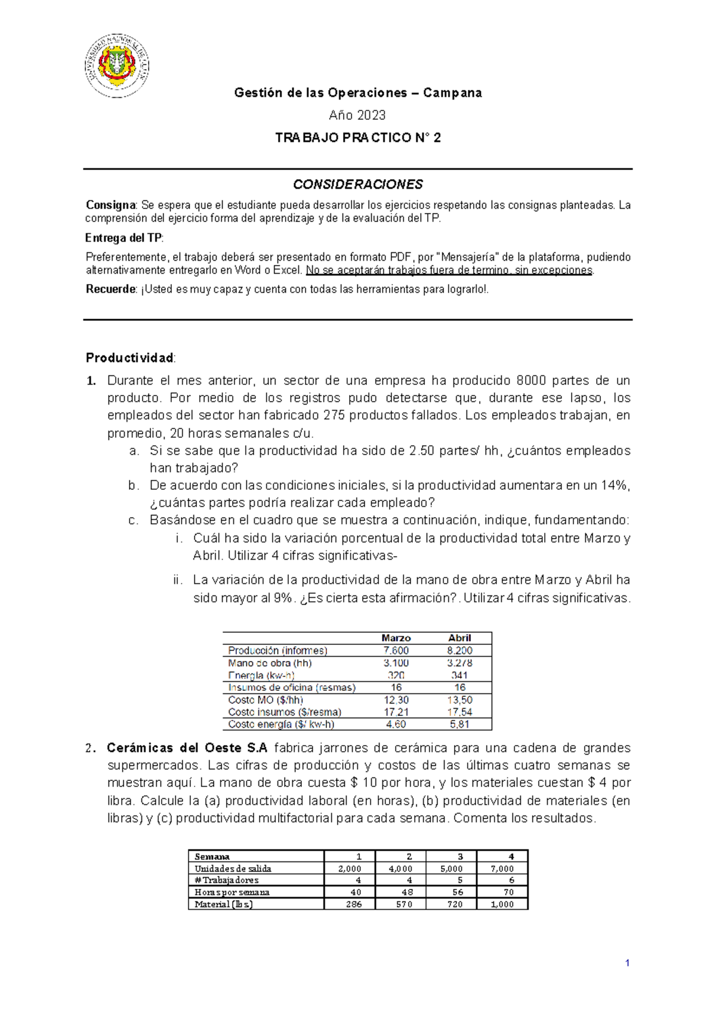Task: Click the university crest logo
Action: pos(117,66)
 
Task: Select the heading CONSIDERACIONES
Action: pos(358,184)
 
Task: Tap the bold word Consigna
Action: pos(111,205)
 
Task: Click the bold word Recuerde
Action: pos(111,289)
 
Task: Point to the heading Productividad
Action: pos(130,358)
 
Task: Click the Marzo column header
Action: pos(396,638)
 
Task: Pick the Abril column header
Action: pos(459,638)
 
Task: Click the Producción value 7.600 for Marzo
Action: pos(396,650)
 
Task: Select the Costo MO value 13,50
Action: pos(459,700)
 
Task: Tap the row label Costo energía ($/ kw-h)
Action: pos(281,724)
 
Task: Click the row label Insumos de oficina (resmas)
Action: pos(292,687)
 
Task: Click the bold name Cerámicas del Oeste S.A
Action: pos(187,748)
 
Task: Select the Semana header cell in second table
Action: pos(212,857)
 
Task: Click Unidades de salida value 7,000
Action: pos(502,869)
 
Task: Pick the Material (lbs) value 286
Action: pos(354,904)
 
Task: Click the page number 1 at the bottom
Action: pos(627,963)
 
